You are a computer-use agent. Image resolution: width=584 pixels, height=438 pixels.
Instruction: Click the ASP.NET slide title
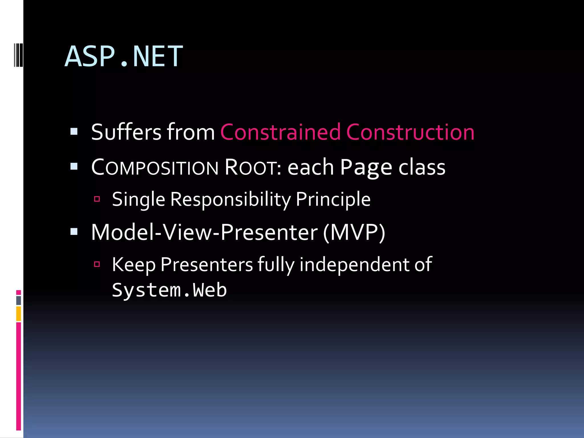pyautogui.click(x=123, y=56)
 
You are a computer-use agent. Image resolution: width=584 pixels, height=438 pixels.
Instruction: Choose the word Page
pyautogui.click(x=366, y=167)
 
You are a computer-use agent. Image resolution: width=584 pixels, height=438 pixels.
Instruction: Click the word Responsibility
pyautogui.click(x=230, y=199)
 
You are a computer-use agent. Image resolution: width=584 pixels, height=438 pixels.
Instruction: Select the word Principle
pyautogui.click(x=333, y=199)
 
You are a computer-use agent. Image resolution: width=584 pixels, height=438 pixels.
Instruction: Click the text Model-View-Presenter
pyautogui.click(x=204, y=232)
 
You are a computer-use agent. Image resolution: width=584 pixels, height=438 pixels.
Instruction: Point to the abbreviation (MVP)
pyautogui.click(x=354, y=232)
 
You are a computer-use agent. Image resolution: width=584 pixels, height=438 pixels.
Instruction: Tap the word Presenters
pyautogui.click(x=206, y=265)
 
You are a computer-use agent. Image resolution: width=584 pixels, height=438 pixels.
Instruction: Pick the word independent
pyautogui.click(x=354, y=265)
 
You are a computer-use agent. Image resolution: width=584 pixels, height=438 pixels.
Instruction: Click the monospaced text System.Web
pyautogui.click(x=169, y=290)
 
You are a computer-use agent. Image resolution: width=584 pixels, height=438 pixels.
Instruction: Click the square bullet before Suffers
pyautogui.click(x=74, y=131)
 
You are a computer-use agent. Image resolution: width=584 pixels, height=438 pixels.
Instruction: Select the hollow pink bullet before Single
pyautogui.click(x=97, y=199)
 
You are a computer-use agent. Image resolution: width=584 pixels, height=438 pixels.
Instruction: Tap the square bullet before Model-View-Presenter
pyautogui.click(x=74, y=232)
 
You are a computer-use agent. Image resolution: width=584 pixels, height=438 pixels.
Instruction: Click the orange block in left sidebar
pyautogui.click(x=19, y=313)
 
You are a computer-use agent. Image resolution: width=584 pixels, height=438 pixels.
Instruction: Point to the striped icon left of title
pyautogui.click(x=18, y=54)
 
